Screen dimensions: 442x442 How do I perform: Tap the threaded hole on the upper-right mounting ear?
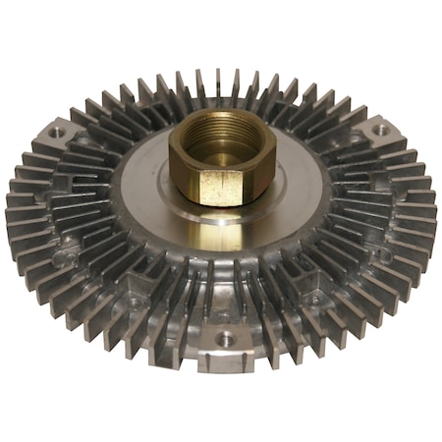(x=378, y=129)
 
